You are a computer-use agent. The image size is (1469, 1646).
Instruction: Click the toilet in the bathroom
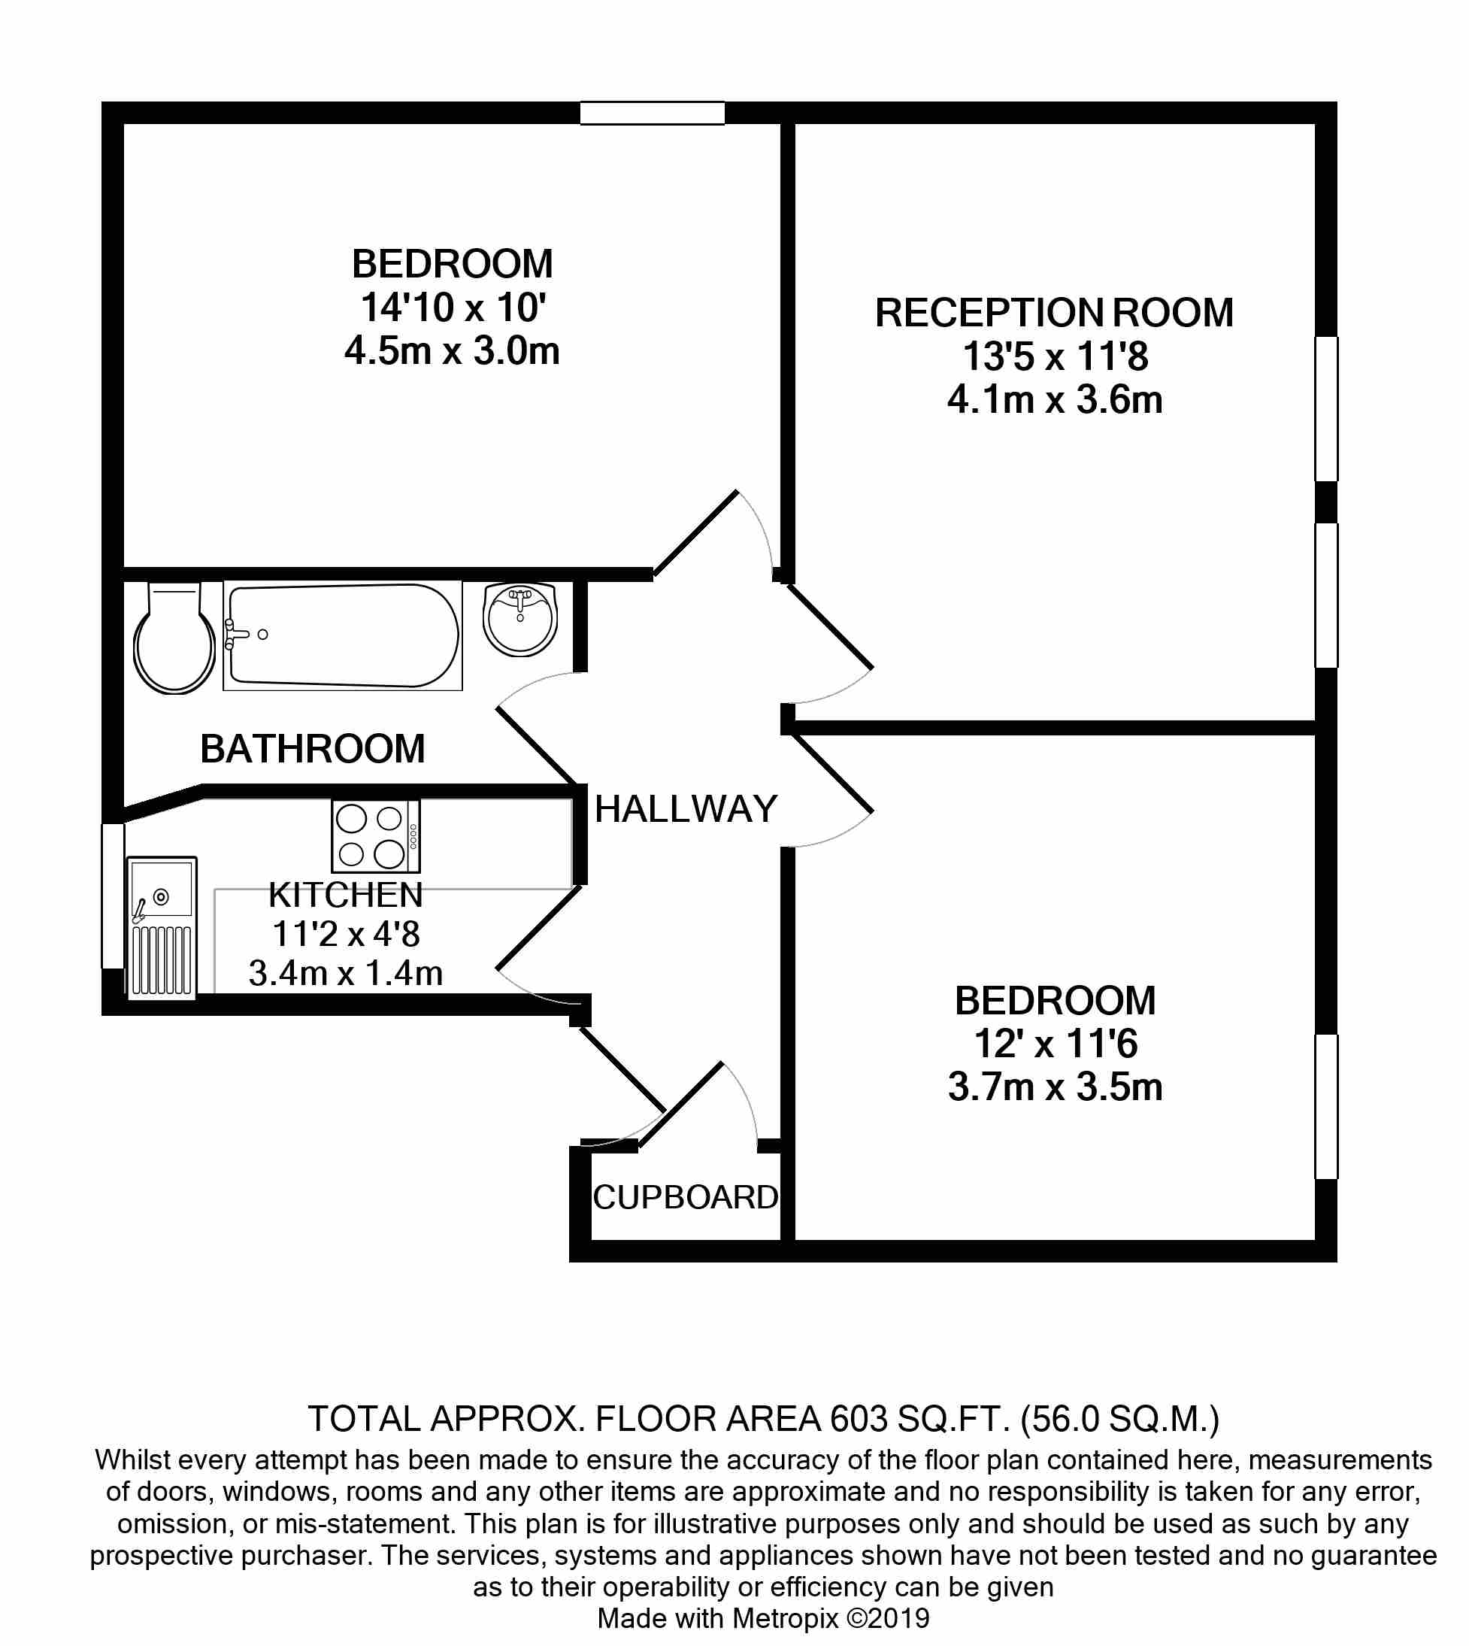[174, 637]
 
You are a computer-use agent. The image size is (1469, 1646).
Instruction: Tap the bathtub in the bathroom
[343, 635]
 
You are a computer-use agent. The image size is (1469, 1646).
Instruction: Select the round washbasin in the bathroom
[520, 618]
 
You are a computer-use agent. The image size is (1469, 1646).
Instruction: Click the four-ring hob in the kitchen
[376, 835]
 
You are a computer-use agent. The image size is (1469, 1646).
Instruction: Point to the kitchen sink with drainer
[162, 928]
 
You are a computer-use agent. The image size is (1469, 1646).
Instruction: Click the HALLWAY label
[686, 809]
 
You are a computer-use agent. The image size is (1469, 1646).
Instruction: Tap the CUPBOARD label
[686, 1197]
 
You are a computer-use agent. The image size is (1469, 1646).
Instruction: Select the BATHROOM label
[312, 748]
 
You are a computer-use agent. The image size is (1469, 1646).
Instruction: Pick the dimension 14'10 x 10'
[453, 308]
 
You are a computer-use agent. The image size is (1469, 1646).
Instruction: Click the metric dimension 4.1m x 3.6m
[1055, 399]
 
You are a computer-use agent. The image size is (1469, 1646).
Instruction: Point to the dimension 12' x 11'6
[1056, 1043]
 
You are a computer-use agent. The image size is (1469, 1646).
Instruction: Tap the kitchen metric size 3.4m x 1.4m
[346, 973]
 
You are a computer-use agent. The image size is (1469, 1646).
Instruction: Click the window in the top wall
[652, 113]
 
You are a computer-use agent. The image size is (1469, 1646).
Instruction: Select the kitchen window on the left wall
[113, 896]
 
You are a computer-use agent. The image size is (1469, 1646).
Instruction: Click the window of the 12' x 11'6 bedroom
[1326, 1107]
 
